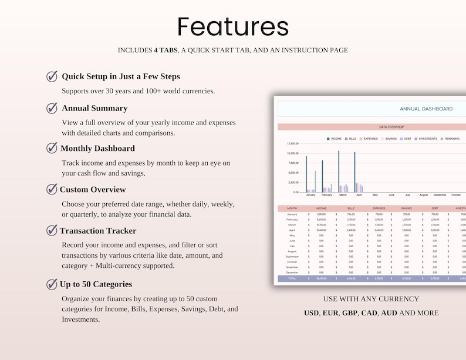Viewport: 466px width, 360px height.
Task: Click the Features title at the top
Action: click(233, 27)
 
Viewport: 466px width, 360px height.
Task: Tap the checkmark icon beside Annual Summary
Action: click(52, 108)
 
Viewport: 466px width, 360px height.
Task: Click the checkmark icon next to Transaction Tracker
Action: click(52, 230)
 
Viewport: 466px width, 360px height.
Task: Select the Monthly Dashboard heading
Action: click(97, 149)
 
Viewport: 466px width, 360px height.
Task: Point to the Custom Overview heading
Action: click(92, 190)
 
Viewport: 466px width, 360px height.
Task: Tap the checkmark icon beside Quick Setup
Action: click(52, 76)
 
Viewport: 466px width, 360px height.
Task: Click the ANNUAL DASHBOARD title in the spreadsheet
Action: click(426, 109)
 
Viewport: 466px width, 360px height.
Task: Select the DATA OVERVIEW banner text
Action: click(391, 127)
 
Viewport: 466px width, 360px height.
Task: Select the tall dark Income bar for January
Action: click(306, 174)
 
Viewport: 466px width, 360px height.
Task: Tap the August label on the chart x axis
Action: click(423, 194)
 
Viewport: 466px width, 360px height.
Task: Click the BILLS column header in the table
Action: click(351, 208)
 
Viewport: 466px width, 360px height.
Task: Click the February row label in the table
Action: click(292, 219)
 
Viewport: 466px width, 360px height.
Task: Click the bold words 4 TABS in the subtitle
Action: click(165, 51)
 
